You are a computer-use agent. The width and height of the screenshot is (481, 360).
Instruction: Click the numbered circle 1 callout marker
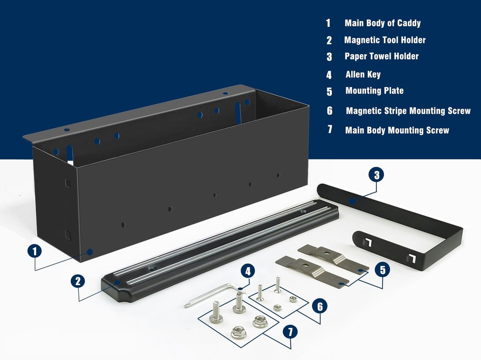[x=35, y=251]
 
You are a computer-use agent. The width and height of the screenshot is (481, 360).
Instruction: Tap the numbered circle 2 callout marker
[x=78, y=281]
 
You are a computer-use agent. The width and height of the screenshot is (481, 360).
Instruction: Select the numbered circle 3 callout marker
[x=377, y=175]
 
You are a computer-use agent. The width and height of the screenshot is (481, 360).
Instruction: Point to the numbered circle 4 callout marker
[x=248, y=272]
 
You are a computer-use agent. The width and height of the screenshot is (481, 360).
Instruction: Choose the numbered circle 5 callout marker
[x=382, y=270]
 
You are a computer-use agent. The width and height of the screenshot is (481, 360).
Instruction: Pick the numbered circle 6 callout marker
[x=320, y=307]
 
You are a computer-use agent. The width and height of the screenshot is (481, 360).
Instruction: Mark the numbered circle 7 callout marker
[x=290, y=332]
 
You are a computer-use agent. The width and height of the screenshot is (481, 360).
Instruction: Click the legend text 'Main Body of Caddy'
[x=382, y=23]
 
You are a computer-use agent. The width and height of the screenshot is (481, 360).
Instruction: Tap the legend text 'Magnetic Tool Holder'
[x=385, y=40]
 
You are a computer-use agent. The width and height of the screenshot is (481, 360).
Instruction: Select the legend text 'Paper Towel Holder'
[x=381, y=56]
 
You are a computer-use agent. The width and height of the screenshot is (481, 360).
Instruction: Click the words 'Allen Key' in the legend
[x=363, y=74]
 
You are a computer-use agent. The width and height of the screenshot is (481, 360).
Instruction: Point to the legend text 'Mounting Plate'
[x=375, y=91]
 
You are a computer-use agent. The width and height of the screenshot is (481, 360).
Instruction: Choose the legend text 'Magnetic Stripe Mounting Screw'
[x=408, y=111]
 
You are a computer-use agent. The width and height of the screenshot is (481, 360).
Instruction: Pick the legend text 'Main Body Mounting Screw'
[x=397, y=130]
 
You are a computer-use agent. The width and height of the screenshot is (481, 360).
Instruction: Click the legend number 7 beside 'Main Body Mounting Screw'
[x=330, y=129]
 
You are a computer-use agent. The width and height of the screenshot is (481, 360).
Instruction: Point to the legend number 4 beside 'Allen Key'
[x=329, y=75]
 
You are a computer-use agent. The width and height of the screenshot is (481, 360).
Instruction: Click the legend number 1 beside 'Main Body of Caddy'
[x=328, y=23]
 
